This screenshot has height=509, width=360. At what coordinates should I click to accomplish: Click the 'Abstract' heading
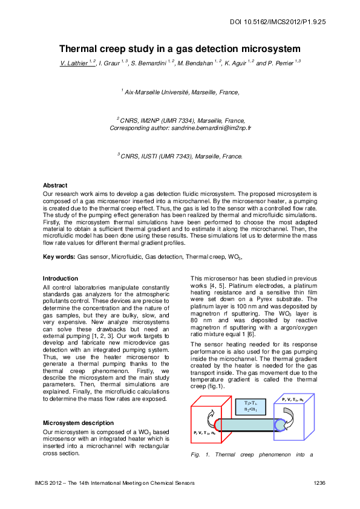pos(55,185)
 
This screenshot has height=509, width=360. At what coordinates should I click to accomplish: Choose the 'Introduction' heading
pos(61,279)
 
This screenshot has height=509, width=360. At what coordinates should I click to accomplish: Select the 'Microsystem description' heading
pos(76,422)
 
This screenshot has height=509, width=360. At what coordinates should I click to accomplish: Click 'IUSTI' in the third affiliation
pos(155,156)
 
